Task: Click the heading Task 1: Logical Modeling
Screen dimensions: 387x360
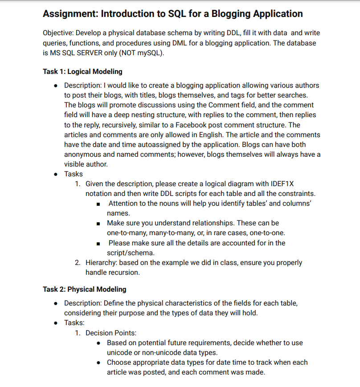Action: pos(82,72)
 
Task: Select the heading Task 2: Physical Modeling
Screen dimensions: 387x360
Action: pos(84,289)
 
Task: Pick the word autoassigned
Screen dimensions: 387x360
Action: pos(146,144)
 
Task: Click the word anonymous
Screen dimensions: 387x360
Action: pos(83,154)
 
